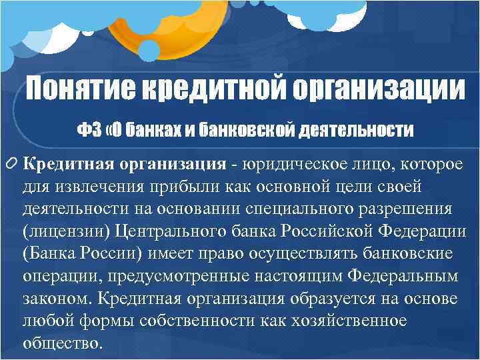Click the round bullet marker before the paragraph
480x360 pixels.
[12, 165]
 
